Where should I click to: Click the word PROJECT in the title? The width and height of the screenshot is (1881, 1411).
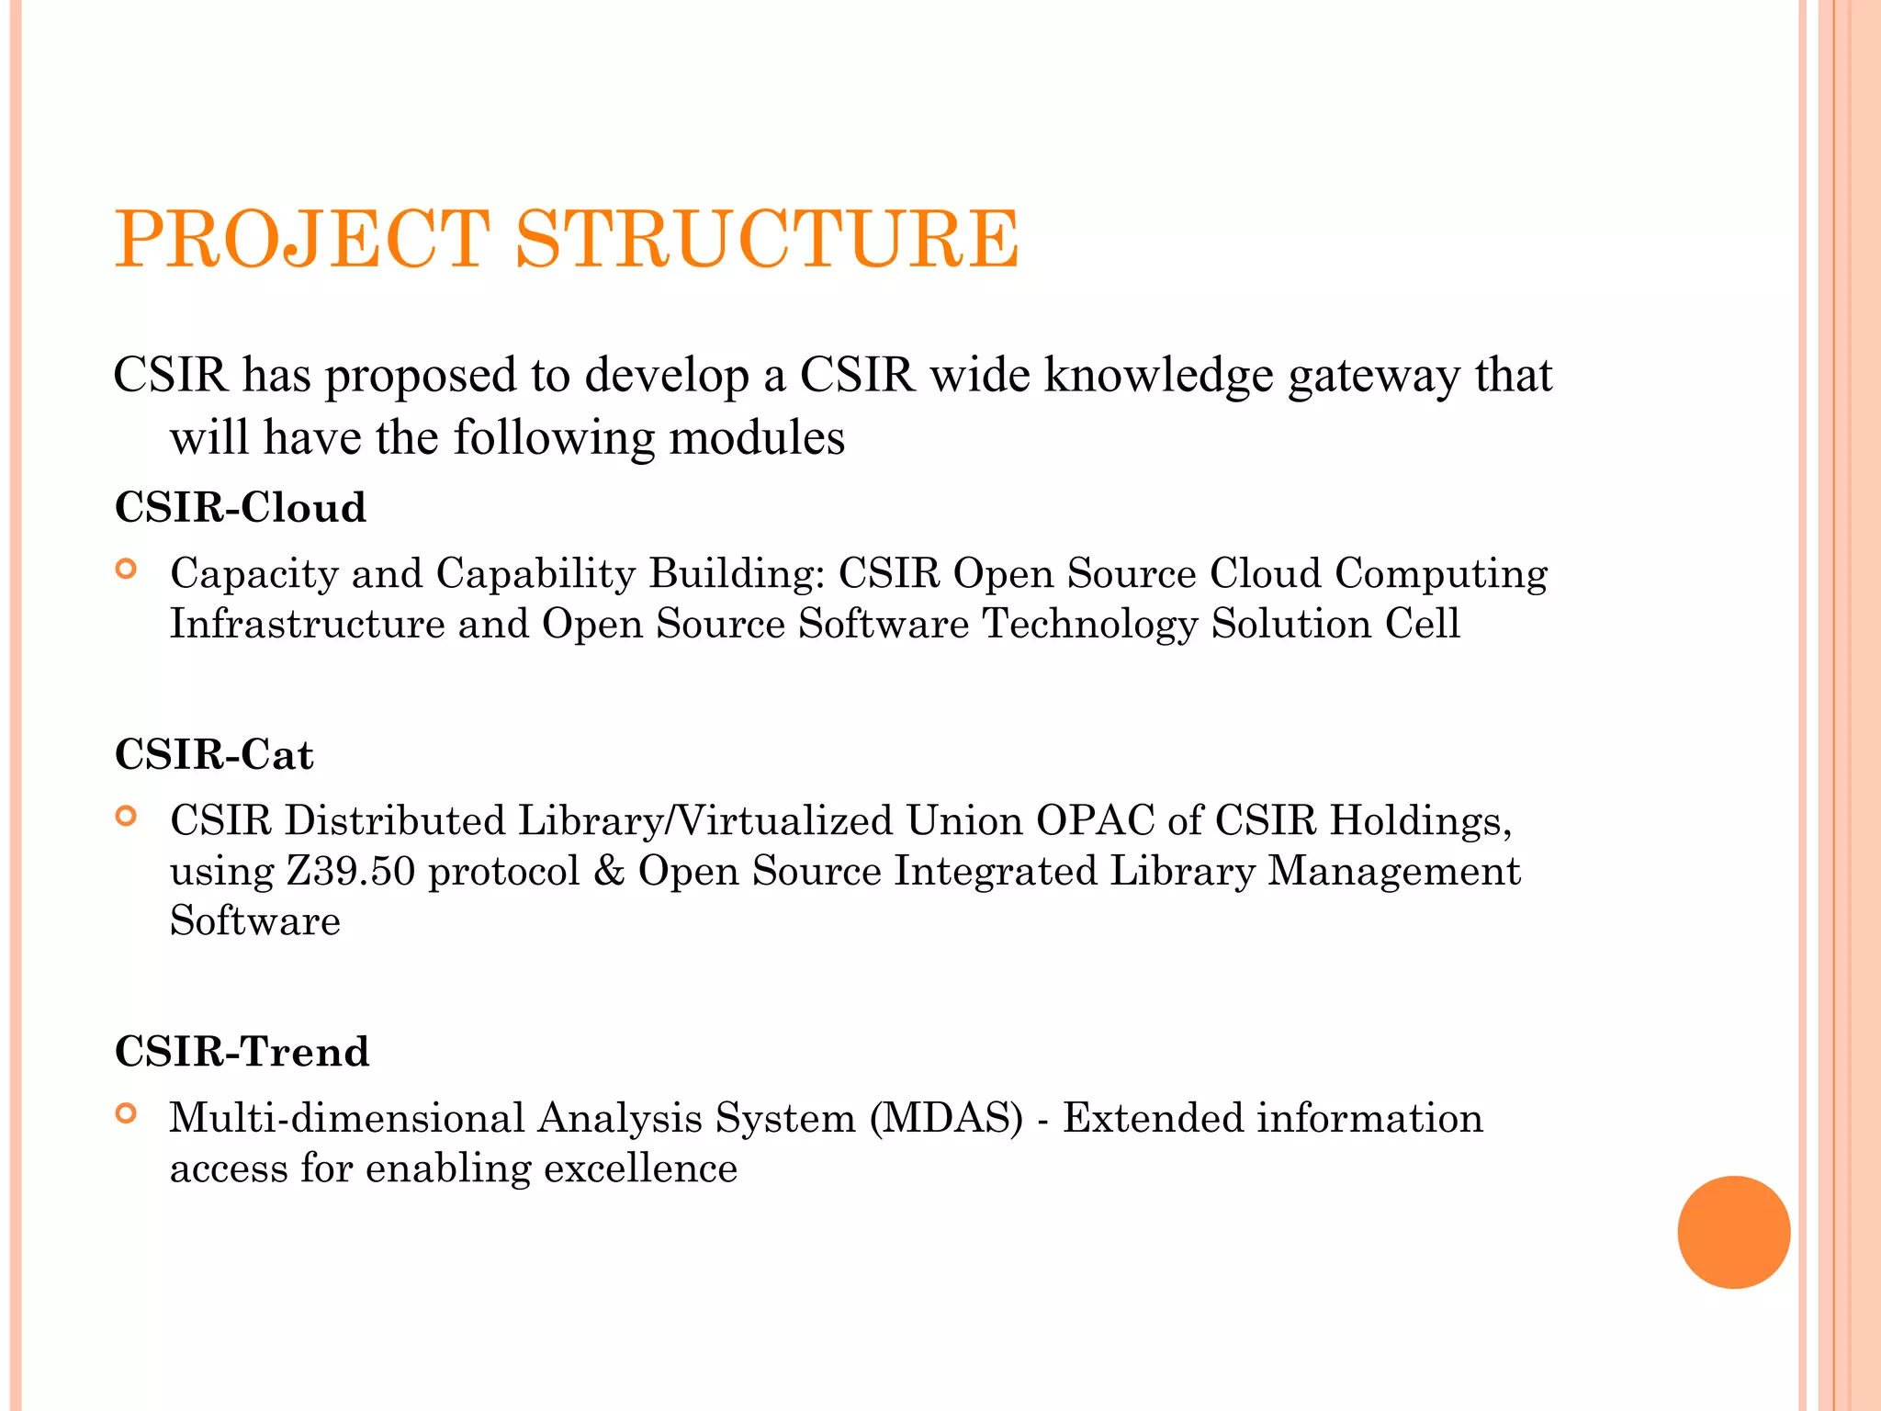(302, 239)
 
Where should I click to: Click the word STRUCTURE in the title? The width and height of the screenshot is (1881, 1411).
(767, 239)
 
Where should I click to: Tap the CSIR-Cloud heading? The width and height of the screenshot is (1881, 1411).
(241, 507)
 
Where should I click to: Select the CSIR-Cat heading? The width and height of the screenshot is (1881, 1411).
(214, 754)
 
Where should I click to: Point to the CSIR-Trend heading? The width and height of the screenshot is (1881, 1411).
(242, 1051)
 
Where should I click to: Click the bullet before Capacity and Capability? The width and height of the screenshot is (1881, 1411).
(127, 570)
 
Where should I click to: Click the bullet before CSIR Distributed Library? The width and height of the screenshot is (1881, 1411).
(127, 816)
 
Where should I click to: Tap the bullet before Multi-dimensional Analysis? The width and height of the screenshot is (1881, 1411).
(127, 1114)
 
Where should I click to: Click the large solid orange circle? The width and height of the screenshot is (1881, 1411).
(1733, 1232)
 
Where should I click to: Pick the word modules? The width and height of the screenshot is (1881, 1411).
(757, 437)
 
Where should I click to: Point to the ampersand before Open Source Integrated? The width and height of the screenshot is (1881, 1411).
(609, 871)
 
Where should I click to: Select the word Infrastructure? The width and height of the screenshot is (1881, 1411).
(308, 624)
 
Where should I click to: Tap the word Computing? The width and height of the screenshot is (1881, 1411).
(1440, 574)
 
